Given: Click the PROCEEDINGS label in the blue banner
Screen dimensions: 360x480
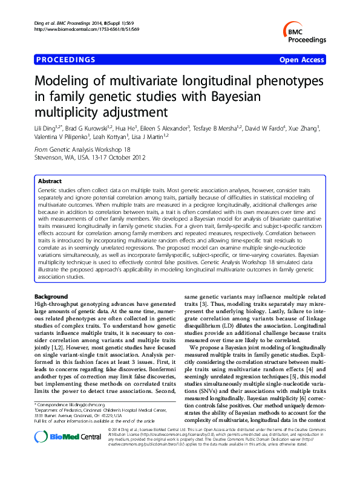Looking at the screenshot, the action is [x=65, y=60].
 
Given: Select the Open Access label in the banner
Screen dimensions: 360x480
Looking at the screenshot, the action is [x=302, y=60].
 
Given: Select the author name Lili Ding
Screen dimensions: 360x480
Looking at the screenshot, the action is [x=46, y=128].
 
